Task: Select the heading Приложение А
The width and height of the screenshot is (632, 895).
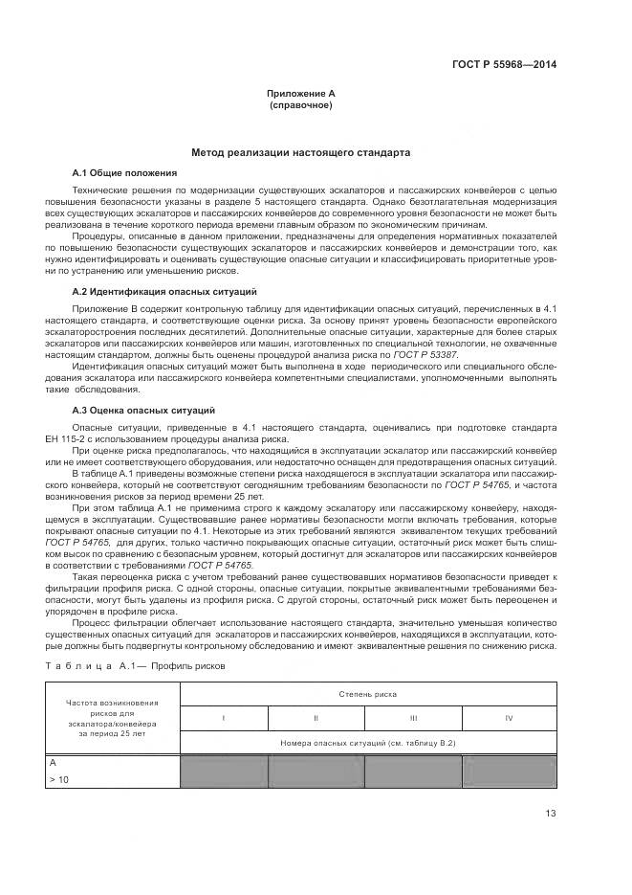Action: (301, 93)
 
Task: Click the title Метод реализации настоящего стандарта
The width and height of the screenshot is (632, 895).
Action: (301, 152)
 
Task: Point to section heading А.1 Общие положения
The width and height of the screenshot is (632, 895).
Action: (125, 172)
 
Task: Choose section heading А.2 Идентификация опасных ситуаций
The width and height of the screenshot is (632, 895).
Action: (164, 291)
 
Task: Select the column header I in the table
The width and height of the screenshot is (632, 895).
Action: (224, 717)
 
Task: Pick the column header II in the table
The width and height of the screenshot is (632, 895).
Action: (316, 717)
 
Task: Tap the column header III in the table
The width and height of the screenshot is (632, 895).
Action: (413, 717)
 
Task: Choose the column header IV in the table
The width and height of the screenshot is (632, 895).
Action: (509, 717)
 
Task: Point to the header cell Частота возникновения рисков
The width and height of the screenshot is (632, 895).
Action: (112, 717)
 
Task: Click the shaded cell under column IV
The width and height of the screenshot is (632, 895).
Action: (509, 772)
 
